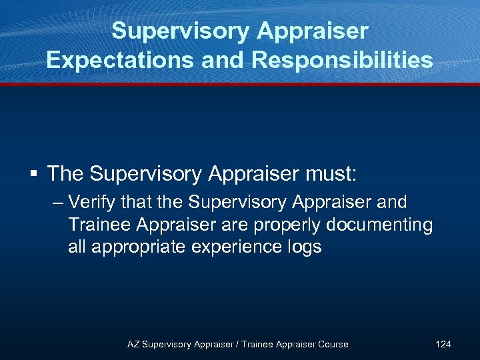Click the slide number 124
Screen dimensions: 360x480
(443, 344)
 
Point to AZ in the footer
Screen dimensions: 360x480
(134, 344)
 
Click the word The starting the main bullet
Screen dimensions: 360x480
(65, 174)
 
